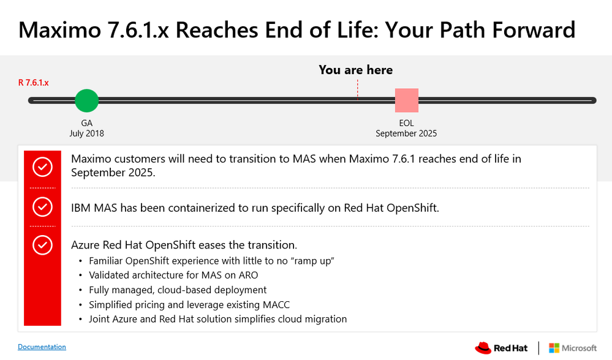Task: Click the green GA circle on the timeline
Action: click(86, 100)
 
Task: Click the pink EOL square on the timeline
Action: click(406, 100)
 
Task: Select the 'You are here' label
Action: click(355, 70)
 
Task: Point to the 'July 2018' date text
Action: click(86, 133)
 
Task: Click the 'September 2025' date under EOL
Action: click(406, 133)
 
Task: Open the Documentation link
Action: click(42, 347)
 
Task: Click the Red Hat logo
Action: click(501, 348)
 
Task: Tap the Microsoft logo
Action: click(572, 348)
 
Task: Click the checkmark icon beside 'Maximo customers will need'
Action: click(42, 167)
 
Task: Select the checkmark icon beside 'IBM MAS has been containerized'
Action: click(42, 208)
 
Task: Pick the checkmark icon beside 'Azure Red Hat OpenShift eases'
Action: click(42, 245)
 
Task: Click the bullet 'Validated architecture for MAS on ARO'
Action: click(173, 275)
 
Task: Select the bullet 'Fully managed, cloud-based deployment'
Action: click(178, 290)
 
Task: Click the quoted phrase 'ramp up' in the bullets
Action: click(313, 261)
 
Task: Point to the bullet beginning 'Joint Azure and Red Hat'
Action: click(217, 319)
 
